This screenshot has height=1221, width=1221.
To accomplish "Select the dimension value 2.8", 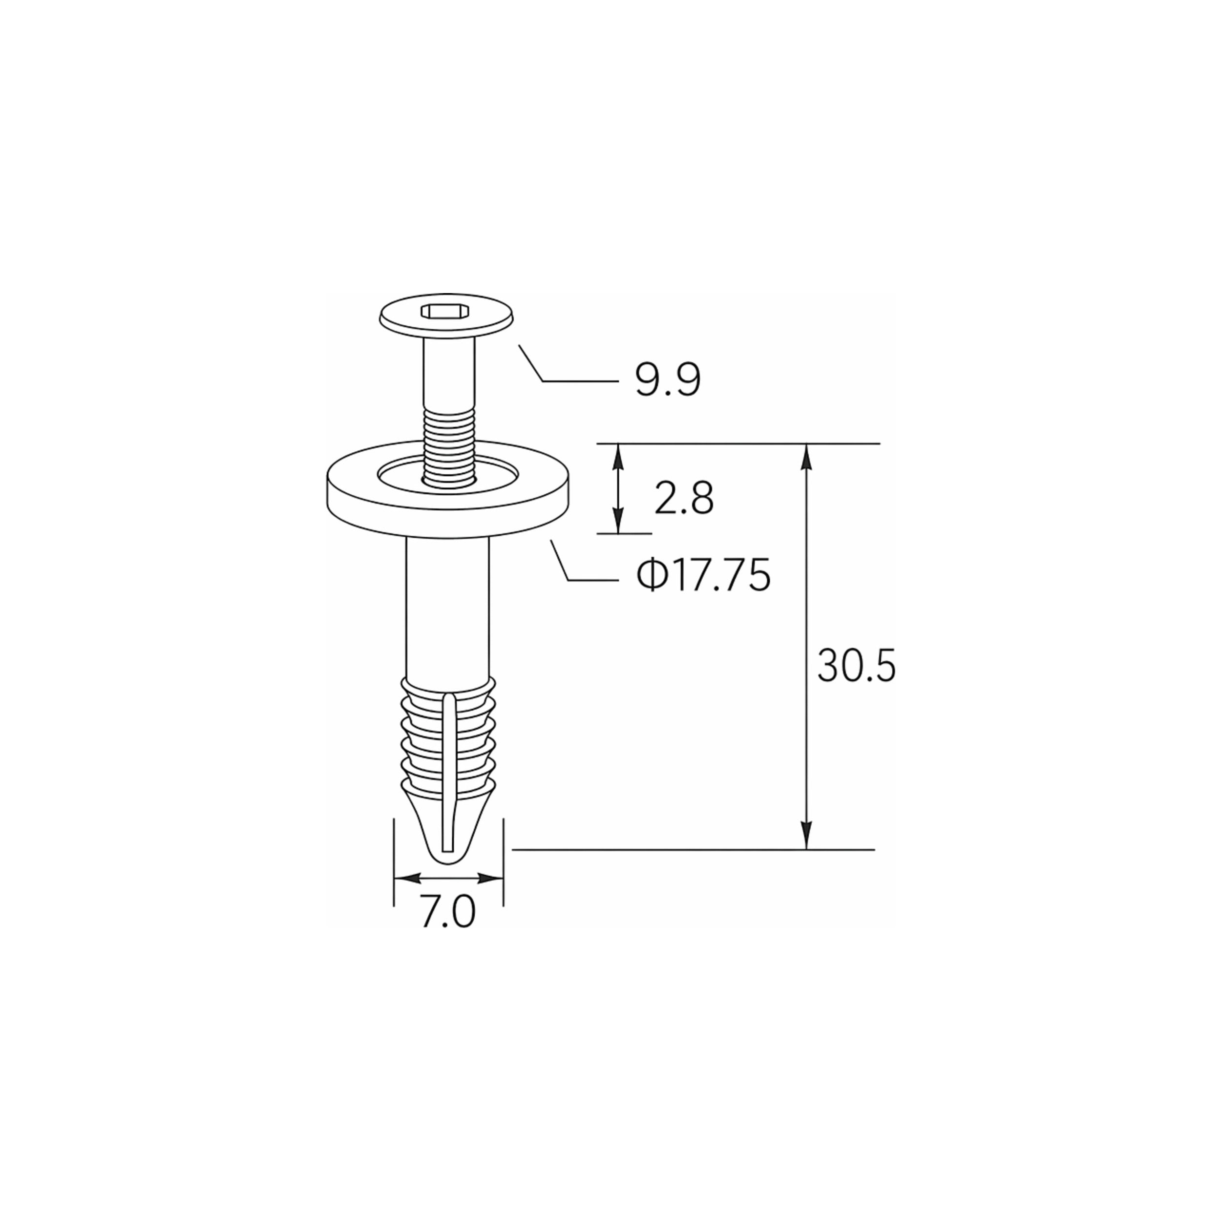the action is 684,499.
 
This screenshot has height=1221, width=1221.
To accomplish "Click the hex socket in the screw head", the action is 445,311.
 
